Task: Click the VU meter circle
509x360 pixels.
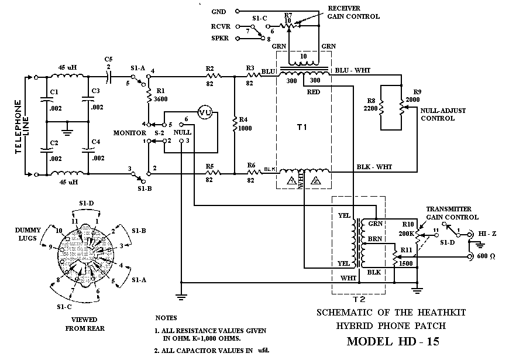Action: pyautogui.click(x=204, y=114)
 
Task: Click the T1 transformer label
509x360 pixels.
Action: pyautogui.click(x=302, y=127)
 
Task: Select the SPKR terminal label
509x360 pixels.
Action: pyautogui.click(x=221, y=39)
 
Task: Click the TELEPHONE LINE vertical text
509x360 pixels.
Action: pyautogui.click(x=19, y=125)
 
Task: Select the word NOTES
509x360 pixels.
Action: pyautogui.click(x=166, y=318)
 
